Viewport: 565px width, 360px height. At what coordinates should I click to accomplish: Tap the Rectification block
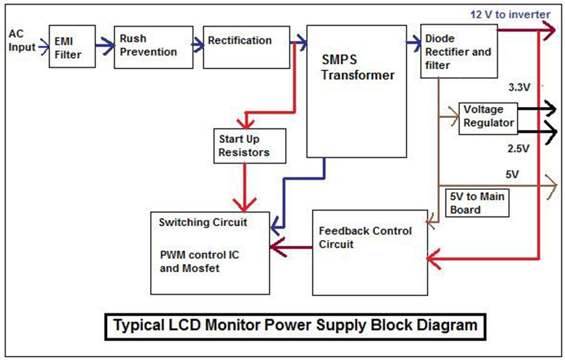(247, 47)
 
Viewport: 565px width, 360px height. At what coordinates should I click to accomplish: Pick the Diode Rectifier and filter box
(455, 52)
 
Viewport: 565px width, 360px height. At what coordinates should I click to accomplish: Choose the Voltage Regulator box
(489, 117)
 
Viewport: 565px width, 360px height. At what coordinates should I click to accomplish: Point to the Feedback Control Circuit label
(365, 237)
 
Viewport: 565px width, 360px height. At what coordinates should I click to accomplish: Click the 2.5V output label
(520, 149)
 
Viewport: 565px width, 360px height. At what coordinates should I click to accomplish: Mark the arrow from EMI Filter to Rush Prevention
(104, 46)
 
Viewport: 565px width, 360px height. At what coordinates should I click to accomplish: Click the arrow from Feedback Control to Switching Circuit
(290, 247)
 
